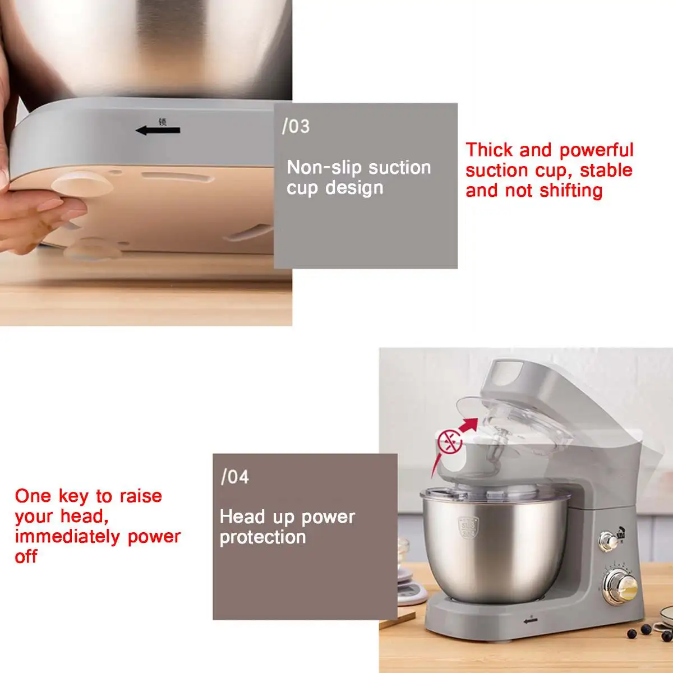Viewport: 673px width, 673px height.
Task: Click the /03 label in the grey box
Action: point(296,126)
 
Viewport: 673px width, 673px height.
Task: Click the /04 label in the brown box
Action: point(234,477)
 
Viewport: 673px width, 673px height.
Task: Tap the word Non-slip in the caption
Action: point(319,167)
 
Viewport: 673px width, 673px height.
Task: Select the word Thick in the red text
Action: point(488,150)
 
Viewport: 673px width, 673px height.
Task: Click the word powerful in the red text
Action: point(596,150)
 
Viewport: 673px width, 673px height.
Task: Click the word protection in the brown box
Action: point(262,537)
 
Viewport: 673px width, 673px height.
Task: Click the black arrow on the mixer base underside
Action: point(158,131)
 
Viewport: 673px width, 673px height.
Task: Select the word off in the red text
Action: point(26,557)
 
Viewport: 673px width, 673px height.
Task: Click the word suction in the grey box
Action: point(402,167)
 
